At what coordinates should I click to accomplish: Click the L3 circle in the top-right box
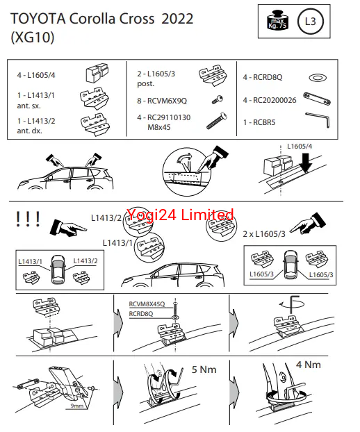point(311,22)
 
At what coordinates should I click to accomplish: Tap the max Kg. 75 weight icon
point(277,20)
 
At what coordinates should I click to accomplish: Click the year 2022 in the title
point(177,19)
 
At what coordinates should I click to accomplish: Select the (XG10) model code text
point(33,37)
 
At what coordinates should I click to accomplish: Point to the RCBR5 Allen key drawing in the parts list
point(318,119)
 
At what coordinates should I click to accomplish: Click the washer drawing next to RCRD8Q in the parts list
point(318,78)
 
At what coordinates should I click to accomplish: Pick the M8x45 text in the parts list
point(159,127)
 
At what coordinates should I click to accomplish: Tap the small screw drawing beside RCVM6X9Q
point(218,99)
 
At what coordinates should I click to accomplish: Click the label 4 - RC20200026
point(270,100)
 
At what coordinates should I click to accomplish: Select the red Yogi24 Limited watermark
point(180,215)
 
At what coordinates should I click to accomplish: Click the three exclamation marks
point(28,219)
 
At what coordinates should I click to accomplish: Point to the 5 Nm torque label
point(204,369)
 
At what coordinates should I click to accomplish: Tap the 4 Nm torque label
point(309,365)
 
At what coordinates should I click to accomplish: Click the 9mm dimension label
point(77,406)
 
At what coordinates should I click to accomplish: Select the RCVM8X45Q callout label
point(147,304)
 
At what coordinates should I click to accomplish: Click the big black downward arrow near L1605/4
point(305,163)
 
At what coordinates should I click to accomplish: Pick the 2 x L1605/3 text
point(264,234)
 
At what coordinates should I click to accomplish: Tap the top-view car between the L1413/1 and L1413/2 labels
point(58,269)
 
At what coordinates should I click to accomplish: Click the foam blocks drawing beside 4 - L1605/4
point(97,73)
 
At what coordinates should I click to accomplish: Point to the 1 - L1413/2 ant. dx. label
point(36,126)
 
